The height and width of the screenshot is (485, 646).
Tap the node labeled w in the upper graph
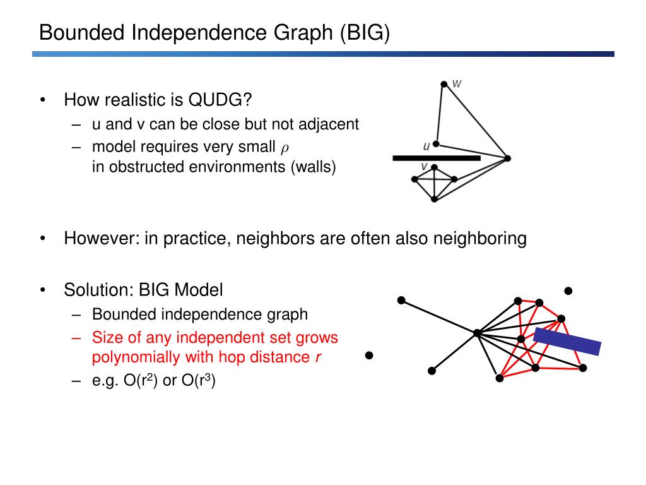click(443, 83)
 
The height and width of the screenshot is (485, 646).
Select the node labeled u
click(436, 144)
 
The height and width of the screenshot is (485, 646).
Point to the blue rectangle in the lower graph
click(567, 342)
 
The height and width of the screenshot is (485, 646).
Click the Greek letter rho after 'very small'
click(285, 148)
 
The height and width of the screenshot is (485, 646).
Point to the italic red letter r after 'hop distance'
click(318, 357)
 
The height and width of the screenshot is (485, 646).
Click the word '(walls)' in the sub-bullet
click(314, 167)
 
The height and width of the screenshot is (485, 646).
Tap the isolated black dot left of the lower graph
click(369, 356)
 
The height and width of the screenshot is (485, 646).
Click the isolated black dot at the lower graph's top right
click(568, 291)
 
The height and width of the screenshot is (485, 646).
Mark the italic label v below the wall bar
click(425, 167)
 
